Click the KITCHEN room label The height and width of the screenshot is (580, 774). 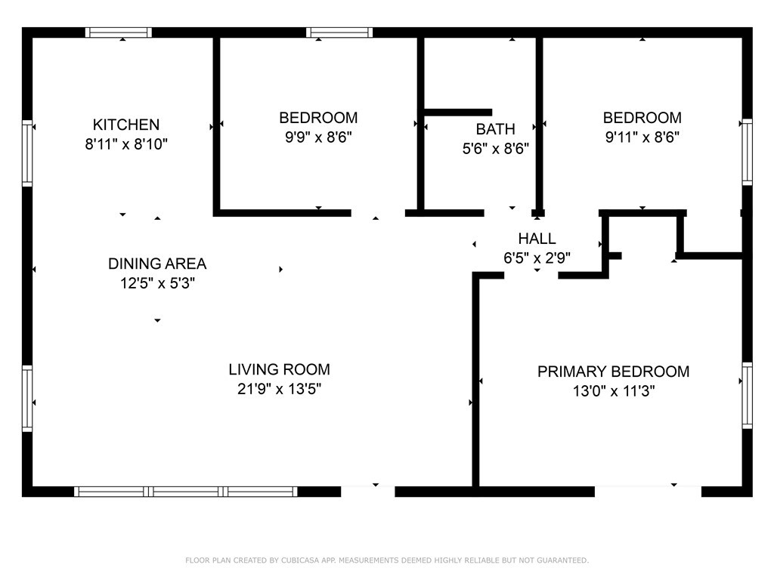(x=126, y=125)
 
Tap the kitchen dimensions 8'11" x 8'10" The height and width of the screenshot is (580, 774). (x=126, y=144)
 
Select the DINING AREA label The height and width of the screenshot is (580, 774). (x=157, y=264)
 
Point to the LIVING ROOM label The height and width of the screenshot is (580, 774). (x=280, y=369)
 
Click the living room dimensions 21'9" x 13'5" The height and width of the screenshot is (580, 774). (x=280, y=389)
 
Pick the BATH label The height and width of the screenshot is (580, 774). (x=496, y=128)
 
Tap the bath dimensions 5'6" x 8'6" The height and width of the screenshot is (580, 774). (x=496, y=149)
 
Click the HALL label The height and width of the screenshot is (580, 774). (x=537, y=238)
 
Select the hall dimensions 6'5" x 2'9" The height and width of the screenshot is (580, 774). (x=537, y=258)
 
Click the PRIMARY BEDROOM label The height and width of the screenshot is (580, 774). (x=614, y=372)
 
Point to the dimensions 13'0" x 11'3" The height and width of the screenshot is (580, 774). (x=614, y=391)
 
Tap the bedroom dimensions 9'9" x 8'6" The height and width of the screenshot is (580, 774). (x=318, y=137)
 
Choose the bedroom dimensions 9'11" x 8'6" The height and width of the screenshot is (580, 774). (x=642, y=137)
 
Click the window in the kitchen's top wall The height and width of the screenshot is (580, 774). (x=119, y=32)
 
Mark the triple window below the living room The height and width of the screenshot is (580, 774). (x=186, y=491)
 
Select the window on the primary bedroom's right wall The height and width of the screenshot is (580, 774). (x=748, y=396)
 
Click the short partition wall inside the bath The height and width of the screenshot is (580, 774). (x=458, y=113)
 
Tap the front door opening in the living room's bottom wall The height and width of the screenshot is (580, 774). (x=368, y=491)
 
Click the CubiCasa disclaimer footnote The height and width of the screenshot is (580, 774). (x=387, y=560)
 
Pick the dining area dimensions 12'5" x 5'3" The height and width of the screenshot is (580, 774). (x=157, y=283)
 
